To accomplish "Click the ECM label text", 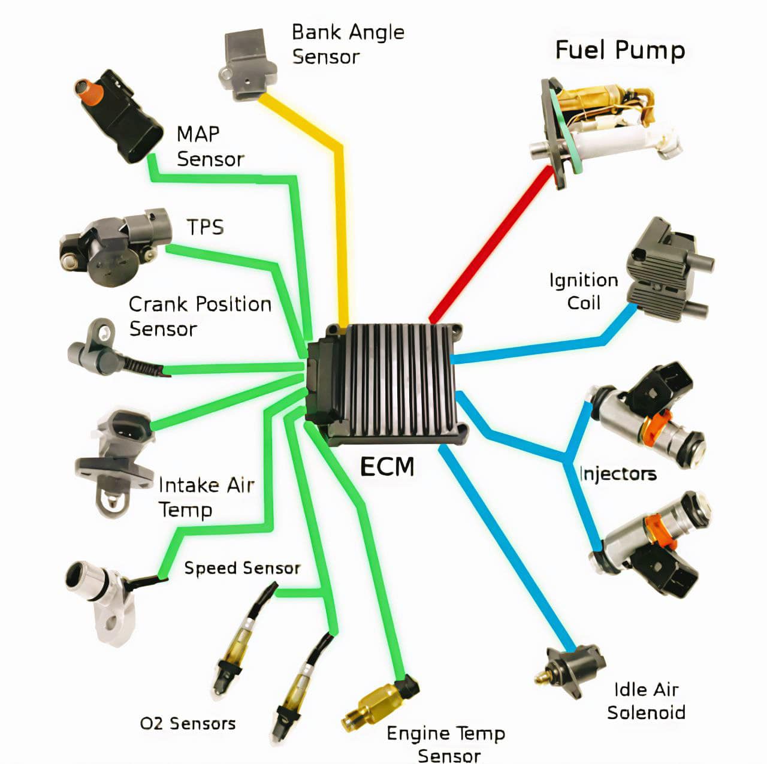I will click(x=387, y=466).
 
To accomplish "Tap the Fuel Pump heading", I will click(x=620, y=50).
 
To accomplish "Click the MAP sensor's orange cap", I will click(x=86, y=89).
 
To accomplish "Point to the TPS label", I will click(x=205, y=227).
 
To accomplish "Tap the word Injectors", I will click(x=618, y=474).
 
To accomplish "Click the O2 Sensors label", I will click(x=188, y=723).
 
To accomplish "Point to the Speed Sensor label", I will click(x=242, y=567).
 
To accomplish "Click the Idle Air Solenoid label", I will click(x=646, y=701).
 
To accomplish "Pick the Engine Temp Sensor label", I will click(x=446, y=744).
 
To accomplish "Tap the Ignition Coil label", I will click(x=583, y=291).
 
